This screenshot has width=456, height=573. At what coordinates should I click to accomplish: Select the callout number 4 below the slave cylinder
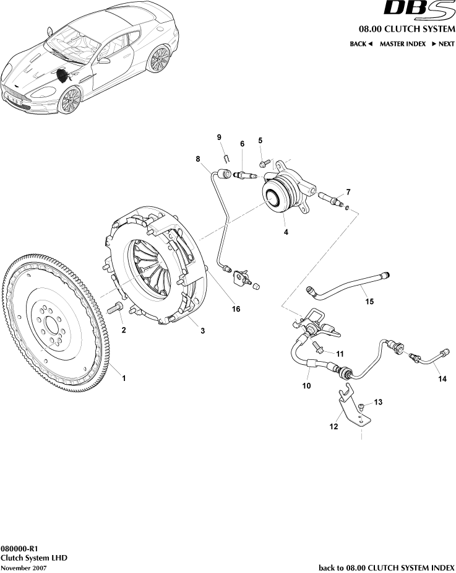[285, 232]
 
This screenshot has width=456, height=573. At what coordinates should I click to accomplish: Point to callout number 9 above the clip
[219, 137]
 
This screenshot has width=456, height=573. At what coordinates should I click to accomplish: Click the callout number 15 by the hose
[369, 302]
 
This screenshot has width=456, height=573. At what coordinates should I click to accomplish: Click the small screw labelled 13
[362, 408]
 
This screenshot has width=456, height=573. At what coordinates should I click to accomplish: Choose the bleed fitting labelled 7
[332, 200]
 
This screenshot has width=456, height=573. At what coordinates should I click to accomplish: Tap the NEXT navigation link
[442, 44]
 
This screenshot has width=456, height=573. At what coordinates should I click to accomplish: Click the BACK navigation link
[361, 44]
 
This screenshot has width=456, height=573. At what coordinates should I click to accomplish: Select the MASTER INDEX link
[402, 44]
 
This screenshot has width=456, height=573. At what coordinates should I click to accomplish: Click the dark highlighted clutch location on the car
[63, 76]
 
